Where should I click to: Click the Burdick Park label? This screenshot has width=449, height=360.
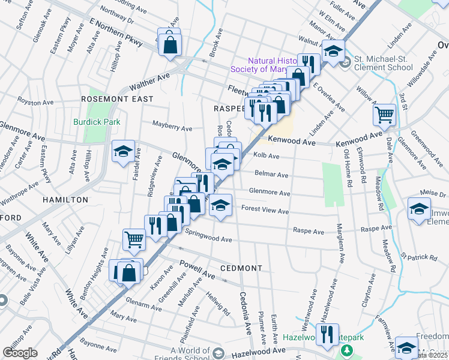[97, 122]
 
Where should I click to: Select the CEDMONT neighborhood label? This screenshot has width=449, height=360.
[241, 268]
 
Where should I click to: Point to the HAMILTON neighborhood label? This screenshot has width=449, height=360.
[65, 199]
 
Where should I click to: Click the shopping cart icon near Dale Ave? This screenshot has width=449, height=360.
[384, 114]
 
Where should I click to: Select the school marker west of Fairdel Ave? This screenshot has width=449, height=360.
[123, 151]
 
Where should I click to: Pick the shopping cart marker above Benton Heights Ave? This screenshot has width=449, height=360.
[134, 239]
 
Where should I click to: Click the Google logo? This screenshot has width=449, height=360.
[20, 353]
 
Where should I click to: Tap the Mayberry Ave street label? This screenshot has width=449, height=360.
[172, 128]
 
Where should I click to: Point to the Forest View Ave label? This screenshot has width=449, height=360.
[265, 211]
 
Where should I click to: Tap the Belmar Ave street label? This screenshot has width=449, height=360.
[272, 175]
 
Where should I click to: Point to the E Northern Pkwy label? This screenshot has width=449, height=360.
[115, 32]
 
